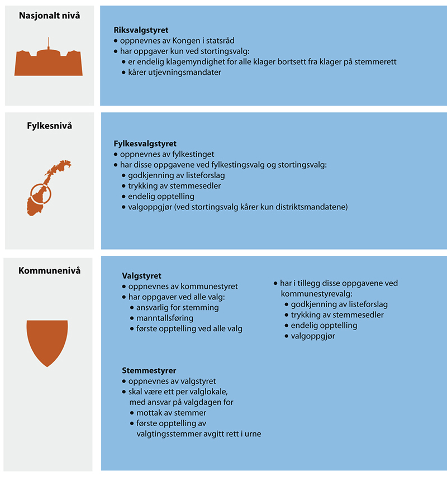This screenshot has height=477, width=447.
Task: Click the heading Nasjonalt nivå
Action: pyautogui.click(x=49, y=16)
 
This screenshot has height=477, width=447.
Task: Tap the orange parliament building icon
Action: pyautogui.click(x=49, y=60)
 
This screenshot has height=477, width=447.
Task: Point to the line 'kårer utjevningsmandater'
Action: pyautogui.click(x=175, y=72)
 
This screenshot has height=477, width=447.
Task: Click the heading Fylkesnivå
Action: pyautogui.click(x=49, y=126)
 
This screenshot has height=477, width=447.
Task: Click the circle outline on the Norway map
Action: pyautogui.click(x=40, y=194)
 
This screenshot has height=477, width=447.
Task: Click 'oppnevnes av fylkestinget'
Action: pyautogui.click(x=168, y=154)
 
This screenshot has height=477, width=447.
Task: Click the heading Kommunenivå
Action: pyautogui.click(x=49, y=271)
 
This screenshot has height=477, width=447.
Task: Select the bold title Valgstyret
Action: pyautogui.click(x=142, y=276)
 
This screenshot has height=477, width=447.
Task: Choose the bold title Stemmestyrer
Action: pyautogui.click(x=149, y=371)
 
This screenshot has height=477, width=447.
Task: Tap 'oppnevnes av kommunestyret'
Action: pyautogui.click(x=171, y=287)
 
